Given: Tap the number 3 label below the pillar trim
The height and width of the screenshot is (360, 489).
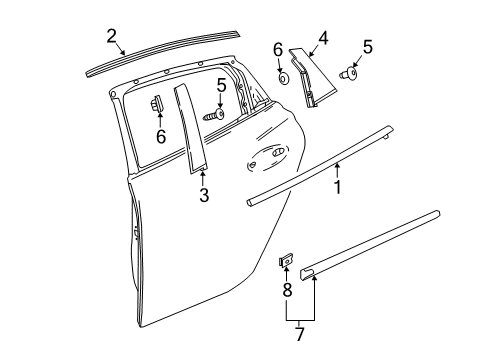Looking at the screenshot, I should point(203,196).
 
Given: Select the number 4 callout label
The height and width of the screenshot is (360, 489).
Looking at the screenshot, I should point(323,39).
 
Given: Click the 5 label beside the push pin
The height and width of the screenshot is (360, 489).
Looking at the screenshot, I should point(367,46).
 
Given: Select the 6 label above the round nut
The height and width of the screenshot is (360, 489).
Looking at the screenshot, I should point(277,50).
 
